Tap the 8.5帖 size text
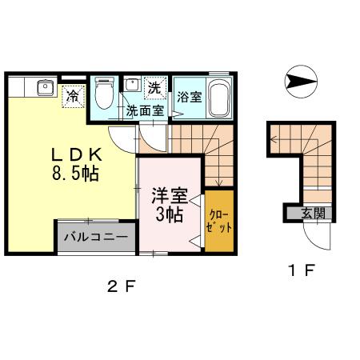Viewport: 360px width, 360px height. coord(75,174)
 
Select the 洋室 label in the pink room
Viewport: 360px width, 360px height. coord(168,194)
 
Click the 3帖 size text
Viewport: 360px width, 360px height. coord(169,214)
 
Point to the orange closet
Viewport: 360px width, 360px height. coord(219,219)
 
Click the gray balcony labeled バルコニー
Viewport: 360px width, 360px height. coord(95,238)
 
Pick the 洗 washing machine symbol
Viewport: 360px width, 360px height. coord(155,85)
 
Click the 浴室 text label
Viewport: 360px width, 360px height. coord(190,98)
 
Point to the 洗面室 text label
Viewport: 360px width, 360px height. coord(146,111)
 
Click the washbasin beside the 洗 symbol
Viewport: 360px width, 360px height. coord(132,86)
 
